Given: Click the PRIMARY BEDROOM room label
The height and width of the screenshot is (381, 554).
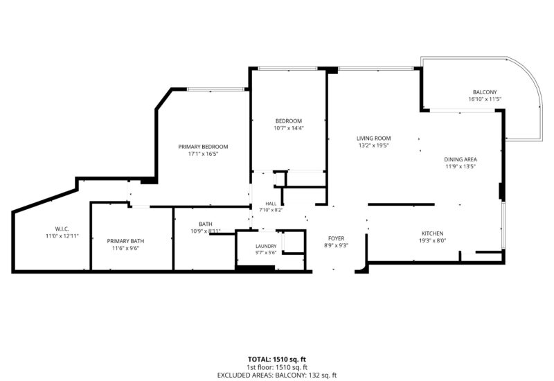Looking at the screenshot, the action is (203, 147).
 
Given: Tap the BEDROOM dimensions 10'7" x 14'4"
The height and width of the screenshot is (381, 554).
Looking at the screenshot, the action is (289, 128).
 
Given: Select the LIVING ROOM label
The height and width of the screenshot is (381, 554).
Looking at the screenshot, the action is (373, 138).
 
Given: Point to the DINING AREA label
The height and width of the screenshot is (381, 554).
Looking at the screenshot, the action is (461, 159).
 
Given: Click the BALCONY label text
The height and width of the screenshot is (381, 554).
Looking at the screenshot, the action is (485, 92).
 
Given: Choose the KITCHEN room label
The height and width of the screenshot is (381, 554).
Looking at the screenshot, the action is (432, 233).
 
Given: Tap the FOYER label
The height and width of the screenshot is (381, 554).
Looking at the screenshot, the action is (336, 238).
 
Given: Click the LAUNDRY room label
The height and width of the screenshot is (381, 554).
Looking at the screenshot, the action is (266, 247).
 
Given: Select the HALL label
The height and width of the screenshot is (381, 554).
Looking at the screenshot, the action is (271, 204).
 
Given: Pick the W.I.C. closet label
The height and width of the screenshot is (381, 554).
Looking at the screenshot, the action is (62, 229).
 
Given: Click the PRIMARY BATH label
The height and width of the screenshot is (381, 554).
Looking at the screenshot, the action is (125, 241).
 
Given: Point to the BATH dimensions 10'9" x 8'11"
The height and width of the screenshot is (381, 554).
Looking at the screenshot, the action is (205, 231).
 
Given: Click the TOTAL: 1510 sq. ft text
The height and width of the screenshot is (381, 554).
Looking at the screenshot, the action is (277, 360).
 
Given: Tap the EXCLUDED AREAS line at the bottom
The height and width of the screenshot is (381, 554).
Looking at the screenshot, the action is (277, 375).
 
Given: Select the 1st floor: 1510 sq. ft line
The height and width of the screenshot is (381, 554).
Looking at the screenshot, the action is (277, 368).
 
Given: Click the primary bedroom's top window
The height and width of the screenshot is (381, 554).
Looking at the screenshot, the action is (215, 89).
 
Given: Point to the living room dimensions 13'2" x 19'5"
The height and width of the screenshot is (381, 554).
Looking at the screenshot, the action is (373, 145).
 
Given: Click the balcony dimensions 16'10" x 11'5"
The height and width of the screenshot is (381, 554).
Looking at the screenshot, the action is (485, 99).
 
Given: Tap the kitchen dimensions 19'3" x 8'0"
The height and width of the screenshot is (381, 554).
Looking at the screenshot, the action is (432, 240).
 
